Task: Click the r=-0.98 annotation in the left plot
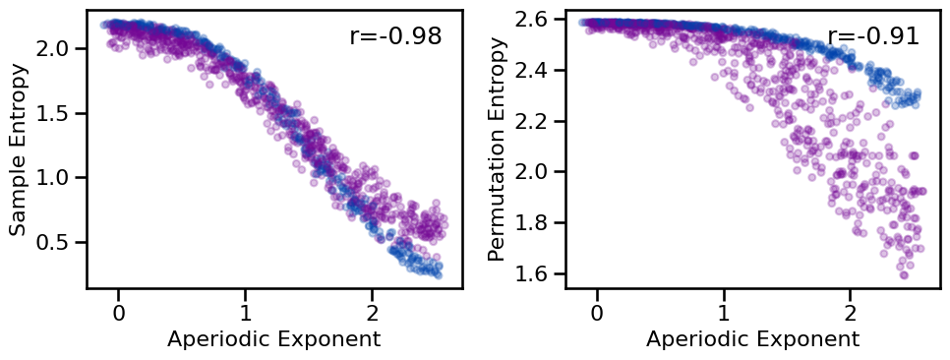pos(395,36)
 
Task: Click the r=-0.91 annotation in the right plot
pos(873,36)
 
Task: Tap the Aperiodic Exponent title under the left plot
pos(273,340)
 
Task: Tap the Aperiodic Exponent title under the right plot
pos(752,340)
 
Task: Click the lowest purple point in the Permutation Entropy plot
pos(904,274)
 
